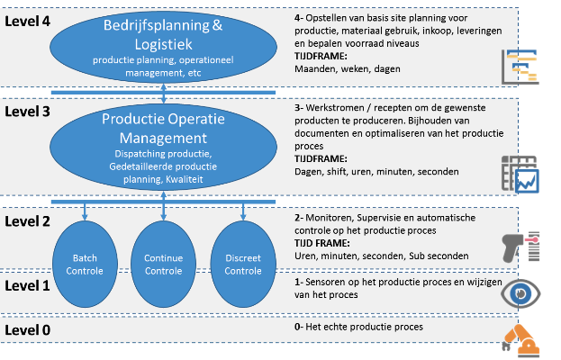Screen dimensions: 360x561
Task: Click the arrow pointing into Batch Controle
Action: (84, 211)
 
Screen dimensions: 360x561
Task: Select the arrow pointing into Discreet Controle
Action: (243, 211)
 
